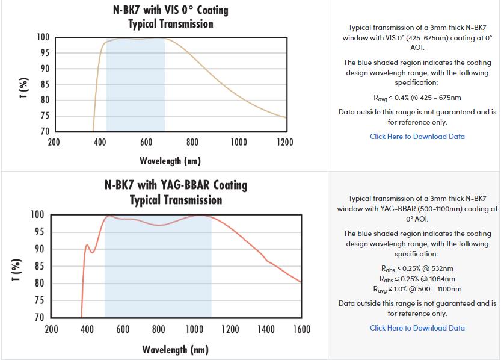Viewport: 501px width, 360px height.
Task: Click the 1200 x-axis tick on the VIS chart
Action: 285,143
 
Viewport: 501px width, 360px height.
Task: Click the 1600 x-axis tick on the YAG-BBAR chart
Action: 301,329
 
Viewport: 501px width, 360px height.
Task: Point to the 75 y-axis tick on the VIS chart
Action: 45,116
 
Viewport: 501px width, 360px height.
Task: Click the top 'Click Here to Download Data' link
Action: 417,137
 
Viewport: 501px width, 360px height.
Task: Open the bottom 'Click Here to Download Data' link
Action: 417,328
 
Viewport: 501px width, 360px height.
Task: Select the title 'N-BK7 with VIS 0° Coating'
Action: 171,10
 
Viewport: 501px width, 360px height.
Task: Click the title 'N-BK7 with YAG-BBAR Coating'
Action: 176,185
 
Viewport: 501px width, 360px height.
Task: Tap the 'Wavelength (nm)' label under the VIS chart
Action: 170,161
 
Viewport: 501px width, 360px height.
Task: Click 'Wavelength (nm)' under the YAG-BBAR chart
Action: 175,349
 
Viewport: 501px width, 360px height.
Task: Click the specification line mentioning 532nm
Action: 417,268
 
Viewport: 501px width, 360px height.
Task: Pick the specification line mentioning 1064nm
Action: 417,279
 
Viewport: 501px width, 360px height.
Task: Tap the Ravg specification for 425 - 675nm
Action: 417,98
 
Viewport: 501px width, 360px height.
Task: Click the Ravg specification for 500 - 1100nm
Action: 417,289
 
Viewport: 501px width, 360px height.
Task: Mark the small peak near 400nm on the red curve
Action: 87,245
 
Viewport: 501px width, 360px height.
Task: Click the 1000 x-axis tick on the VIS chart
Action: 239,143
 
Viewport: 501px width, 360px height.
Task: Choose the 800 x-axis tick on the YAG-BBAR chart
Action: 158,329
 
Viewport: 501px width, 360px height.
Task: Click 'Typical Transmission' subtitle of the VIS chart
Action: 171,24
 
